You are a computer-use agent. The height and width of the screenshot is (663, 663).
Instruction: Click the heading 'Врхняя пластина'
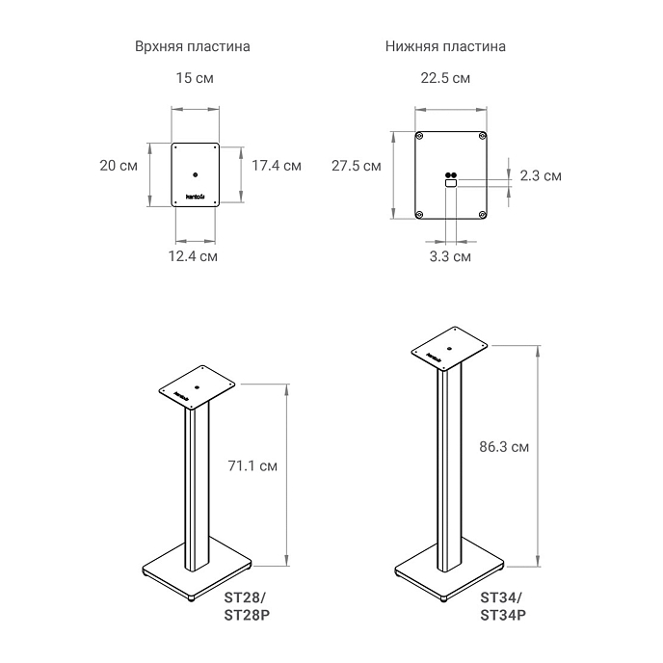click(193, 46)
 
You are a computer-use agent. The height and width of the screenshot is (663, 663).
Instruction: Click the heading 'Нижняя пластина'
click(445, 46)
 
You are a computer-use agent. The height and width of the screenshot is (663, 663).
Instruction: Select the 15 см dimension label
click(195, 78)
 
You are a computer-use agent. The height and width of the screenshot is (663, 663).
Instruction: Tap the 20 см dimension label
click(119, 166)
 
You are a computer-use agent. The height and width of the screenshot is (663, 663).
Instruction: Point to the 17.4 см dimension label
click(277, 166)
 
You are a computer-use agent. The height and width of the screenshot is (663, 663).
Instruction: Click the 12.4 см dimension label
click(193, 255)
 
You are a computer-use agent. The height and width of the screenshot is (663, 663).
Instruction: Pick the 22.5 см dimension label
click(445, 78)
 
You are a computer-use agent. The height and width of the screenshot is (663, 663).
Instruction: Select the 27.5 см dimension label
click(356, 166)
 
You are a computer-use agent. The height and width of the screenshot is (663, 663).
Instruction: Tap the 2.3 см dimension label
click(541, 175)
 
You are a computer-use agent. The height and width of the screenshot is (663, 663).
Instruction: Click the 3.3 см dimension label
click(450, 256)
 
